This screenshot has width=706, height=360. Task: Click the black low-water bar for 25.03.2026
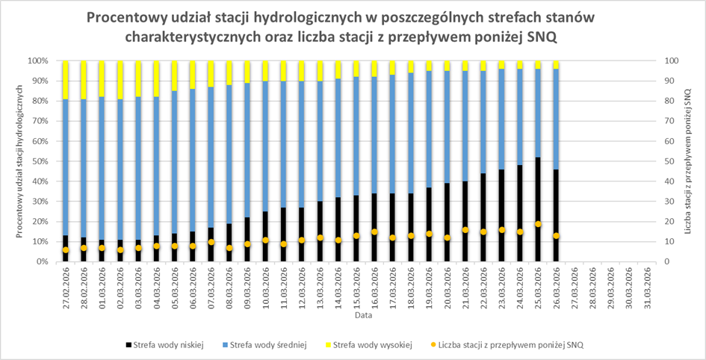[537, 209]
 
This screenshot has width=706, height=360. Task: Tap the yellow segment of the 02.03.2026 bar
[120, 79]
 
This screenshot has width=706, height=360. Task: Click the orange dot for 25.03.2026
[537, 224]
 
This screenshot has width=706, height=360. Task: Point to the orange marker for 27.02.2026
[66, 250]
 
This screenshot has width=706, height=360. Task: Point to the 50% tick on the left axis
[39, 161]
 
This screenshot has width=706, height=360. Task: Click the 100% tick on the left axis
[37, 60]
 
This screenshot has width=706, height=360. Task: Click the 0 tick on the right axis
[664, 262]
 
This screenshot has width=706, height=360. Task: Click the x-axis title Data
[353, 316]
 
